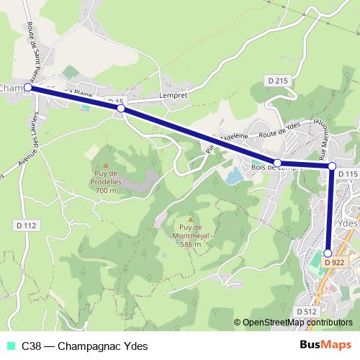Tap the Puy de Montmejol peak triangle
[190, 220]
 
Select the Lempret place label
[172, 95]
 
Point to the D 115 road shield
[347, 174]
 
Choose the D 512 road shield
[307, 311]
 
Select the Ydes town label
[348, 223]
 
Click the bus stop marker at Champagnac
[30, 89]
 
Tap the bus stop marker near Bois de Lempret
[277, 163]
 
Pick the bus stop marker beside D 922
[328, 253]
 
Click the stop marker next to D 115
[332, 167]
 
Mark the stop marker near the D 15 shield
[121, 108]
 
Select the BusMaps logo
[326, 345]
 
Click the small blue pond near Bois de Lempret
[233, 175]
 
